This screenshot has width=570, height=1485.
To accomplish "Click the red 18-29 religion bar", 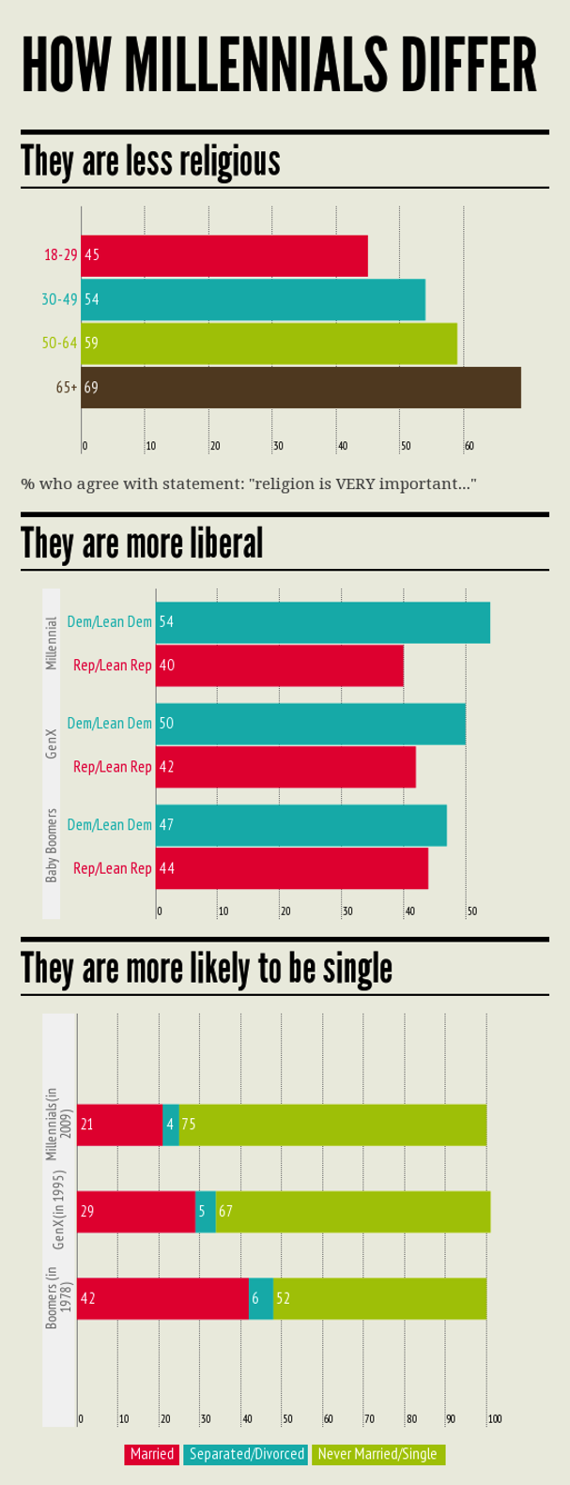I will [224, 255].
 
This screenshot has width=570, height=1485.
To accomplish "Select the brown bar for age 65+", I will [300, 387].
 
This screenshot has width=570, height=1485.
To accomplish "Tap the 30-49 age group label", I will [58, 299].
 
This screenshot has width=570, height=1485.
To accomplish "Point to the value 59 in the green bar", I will [91, 344].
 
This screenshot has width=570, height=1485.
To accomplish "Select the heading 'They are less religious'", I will [151, 161].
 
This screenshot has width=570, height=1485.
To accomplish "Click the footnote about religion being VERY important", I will [249, 484].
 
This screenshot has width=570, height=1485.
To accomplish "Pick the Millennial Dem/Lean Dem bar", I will [323, 622].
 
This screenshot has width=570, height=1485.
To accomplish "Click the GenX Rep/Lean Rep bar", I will [285, 767].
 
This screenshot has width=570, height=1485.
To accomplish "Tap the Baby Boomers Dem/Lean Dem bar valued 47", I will [301, 825].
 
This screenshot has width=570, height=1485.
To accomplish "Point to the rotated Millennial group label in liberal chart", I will [53, 643].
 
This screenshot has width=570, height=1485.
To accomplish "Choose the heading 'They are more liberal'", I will [142, 543].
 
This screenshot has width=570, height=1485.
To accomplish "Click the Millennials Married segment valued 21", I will [119, 1125].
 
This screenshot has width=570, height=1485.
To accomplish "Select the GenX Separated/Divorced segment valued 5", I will [205, 1211].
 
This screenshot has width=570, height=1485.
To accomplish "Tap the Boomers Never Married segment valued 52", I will [379, 1298].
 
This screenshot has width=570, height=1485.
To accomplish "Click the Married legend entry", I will [152, 1454].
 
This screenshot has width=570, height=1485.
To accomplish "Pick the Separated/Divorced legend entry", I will [247, 1454].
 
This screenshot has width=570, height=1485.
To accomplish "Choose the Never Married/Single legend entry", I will [377, 1454].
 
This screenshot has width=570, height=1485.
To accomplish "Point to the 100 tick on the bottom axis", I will [494, 1418].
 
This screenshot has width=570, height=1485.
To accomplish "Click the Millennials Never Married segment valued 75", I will [332, 1125].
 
